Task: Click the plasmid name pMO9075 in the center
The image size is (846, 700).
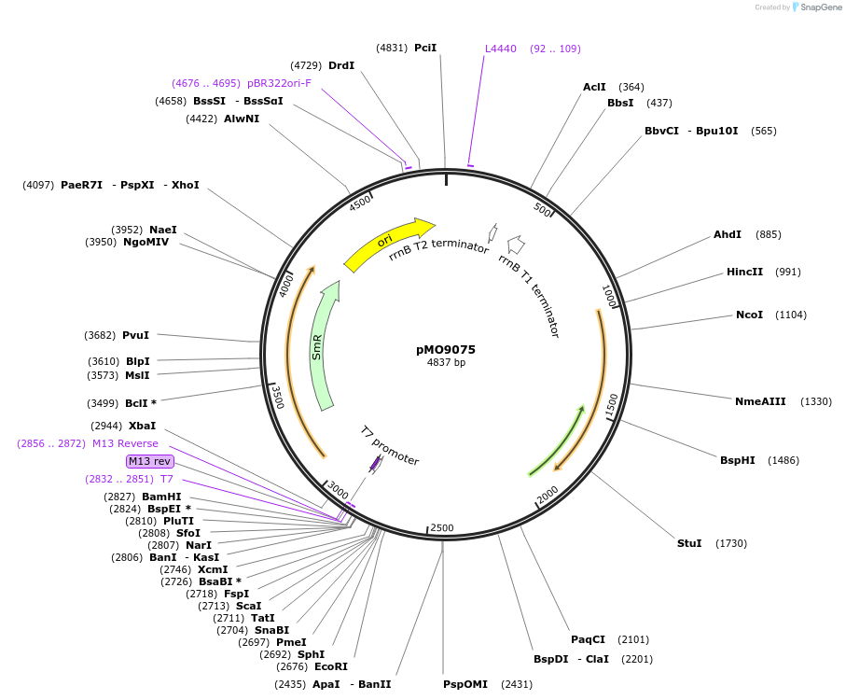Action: coord(446,350)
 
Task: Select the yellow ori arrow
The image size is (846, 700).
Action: coord(387,243)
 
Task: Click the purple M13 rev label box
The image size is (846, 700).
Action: coord(149,461)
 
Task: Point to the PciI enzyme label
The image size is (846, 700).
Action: coord(425,48)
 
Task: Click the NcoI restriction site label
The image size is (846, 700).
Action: coord(749,315)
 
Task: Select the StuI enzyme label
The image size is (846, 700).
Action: coord(689,543)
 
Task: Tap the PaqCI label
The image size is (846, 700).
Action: coord(588,639)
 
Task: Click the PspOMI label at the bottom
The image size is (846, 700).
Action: coord(465,684)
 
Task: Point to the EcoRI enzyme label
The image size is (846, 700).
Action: coord(331,666)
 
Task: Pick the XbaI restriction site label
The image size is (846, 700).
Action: coord(143,426)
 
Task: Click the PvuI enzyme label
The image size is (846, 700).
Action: coord(135,335)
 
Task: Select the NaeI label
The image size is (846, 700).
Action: coord(162,230)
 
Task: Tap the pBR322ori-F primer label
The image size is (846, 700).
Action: coord(279,83)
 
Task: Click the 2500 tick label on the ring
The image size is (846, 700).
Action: coord(442,528)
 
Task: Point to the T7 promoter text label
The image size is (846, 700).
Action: coord(390,446)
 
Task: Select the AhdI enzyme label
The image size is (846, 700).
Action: coord(728,234)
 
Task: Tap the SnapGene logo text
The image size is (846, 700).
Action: coord(814,7)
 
